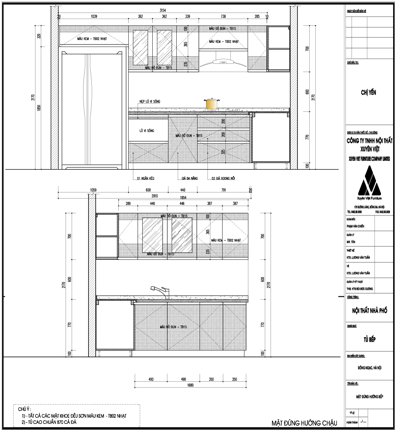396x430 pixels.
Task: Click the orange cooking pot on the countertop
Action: (x=212, y=103)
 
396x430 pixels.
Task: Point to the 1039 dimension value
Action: (x=94, y=16)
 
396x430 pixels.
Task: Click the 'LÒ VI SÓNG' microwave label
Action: (x=147, y=131)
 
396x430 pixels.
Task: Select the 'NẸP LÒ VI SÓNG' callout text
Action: (x=150, y=102)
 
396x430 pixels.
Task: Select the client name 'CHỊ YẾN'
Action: (x=368, y=93)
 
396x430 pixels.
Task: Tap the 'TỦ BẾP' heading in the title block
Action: (x=369, y=340)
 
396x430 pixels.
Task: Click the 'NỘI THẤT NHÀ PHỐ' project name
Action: (x=369, y=311)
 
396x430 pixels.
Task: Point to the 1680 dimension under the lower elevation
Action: (x=190, y=386)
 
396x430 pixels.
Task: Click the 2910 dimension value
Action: (x=154, y=197)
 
